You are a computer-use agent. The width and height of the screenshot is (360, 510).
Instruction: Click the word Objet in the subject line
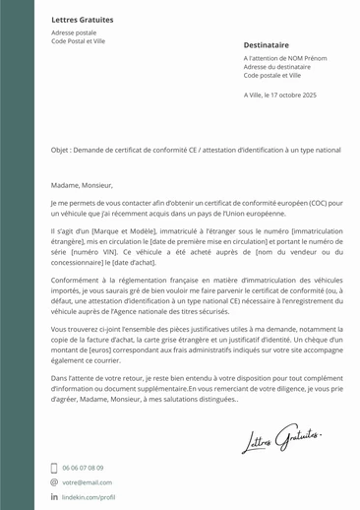coord(61,150)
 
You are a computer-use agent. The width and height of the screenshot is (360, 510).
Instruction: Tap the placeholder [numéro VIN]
coord(90,250)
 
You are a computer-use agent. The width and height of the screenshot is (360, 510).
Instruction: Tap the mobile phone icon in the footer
coord(54,469)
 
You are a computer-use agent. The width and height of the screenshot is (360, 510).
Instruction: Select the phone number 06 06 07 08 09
coord(84,469)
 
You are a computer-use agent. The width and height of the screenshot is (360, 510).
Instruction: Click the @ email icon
coord(54,483)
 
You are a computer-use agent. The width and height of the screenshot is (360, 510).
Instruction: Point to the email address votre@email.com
coord(88,483)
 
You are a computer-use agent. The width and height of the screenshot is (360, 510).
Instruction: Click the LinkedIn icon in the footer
coord(54,498)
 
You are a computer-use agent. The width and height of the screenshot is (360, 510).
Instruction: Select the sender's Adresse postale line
coord(74,32)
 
